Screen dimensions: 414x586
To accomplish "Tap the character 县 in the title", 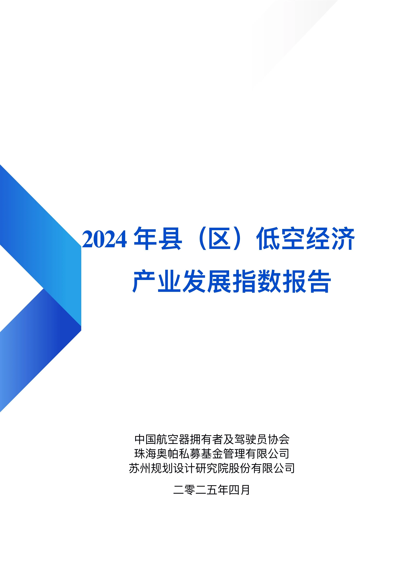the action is (x=170, y=238).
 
